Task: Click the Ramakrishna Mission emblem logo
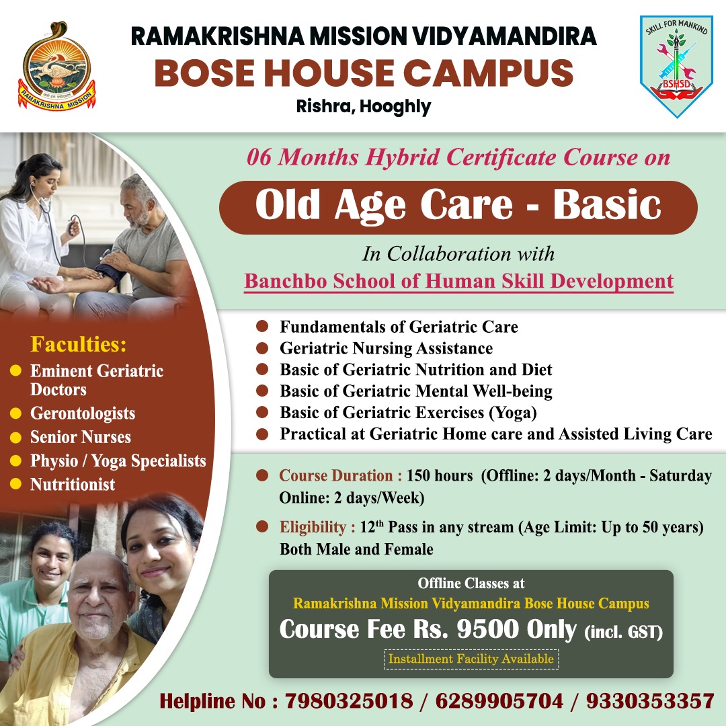[x=57, y=66]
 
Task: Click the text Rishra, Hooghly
[x=364, y=106]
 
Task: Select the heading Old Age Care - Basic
[x=458, y=206]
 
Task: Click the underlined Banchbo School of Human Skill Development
[x=459, y=281]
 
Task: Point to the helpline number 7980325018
[x=349, y=701]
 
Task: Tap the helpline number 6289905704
[x=499, y=701]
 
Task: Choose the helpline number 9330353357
[x=650, y=701]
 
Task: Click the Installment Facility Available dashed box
[x=471, y=659]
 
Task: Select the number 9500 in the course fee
[x=487, y=629]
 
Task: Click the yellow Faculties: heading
[x=78, y=344]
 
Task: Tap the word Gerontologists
[x=83, y=413]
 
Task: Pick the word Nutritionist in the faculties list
[x=72, y=484]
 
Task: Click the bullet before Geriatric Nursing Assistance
[x=262, y=348]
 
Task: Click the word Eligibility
[x=313, y=528]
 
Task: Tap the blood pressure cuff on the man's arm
[x=110, y=268]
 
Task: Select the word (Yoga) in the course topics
[x=513, y=413]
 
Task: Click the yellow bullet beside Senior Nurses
[x=15, y=437]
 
